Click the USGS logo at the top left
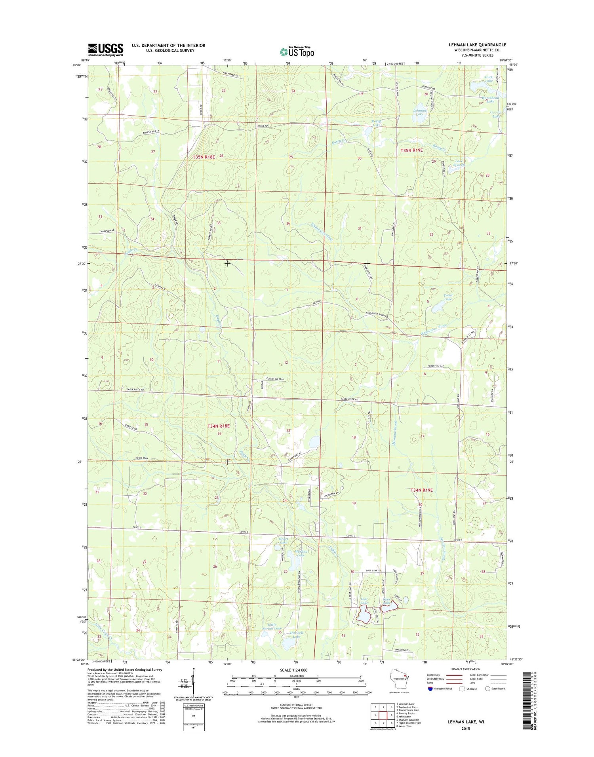coord(105,50)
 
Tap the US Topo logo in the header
coord(297,52)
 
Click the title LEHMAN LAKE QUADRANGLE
coord(477,45)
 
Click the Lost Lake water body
coord(363,615)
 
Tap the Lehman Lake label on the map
coord(419,112)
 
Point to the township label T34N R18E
coord(219,426)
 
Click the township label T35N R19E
coord(411,150)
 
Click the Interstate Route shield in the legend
coord(430,689)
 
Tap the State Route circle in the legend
coord(487,689)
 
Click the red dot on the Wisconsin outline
coord(404,675)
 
